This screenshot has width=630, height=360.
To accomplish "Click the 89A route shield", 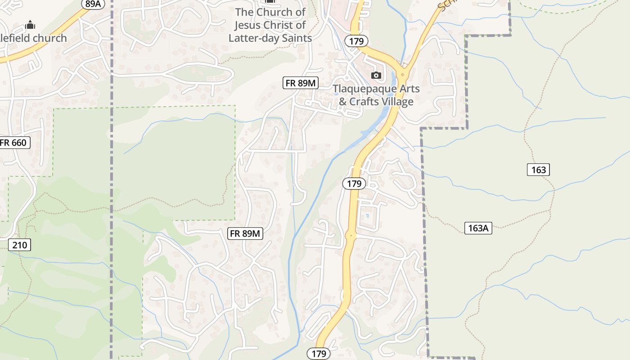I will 93,4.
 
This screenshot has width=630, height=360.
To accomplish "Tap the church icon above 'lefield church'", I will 30,25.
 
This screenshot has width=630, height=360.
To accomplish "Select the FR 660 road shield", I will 14,143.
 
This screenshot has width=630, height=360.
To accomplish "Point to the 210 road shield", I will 19,245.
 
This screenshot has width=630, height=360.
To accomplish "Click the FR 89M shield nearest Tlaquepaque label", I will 301,83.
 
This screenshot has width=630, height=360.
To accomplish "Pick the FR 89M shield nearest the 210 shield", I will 245,234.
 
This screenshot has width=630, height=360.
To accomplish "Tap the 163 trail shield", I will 538,170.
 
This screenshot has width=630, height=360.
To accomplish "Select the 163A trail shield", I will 478,228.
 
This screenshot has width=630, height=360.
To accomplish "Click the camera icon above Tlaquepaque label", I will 376,75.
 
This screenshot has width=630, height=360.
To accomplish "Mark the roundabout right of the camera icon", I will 403,74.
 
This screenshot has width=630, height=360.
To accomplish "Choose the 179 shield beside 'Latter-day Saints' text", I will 356,41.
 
